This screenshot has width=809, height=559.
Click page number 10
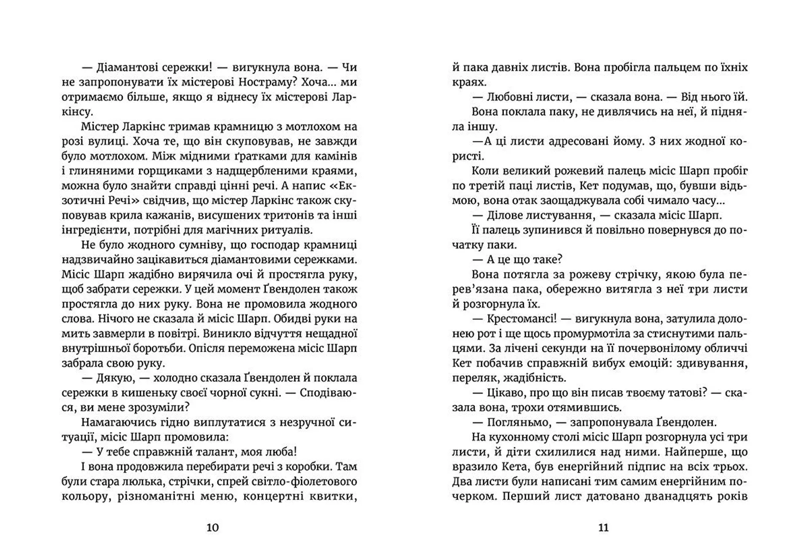(212, 528)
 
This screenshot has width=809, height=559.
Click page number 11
(603, 528)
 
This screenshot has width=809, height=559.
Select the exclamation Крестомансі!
(522, 319)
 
